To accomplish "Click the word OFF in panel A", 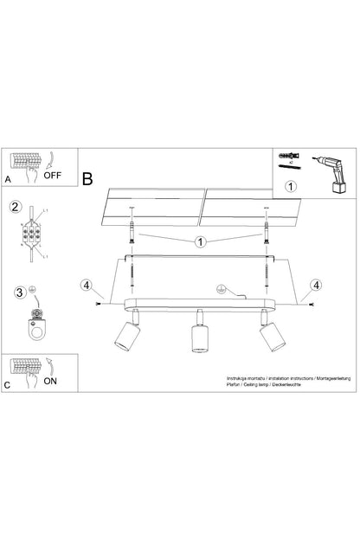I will pos(55,173).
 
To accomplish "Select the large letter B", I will pos(87,178).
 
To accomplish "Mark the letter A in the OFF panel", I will pos(8,179).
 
